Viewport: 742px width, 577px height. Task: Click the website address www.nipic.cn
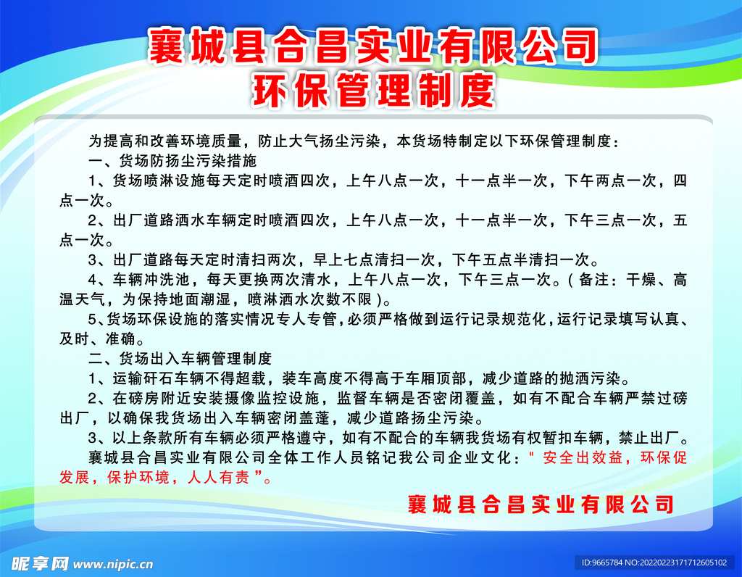114,563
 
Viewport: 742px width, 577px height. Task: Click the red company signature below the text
541,505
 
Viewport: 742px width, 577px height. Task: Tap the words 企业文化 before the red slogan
484,458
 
